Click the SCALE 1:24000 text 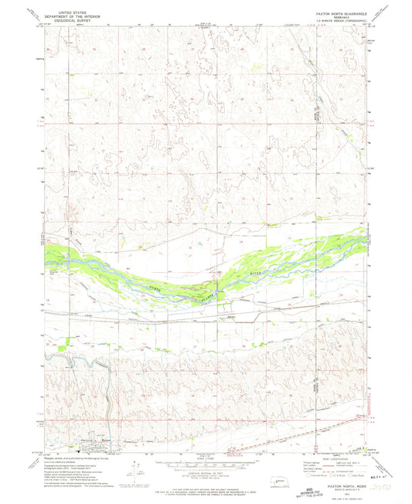206,457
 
